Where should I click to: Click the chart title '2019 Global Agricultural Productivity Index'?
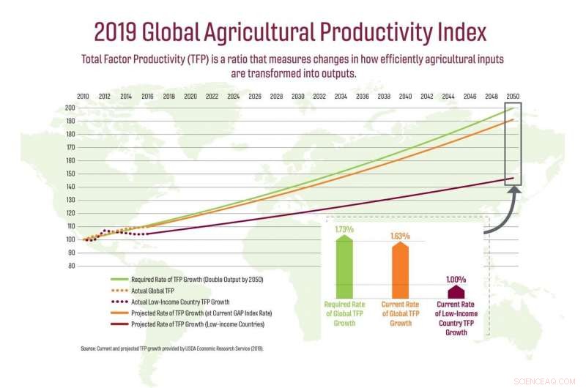click(x=289, y=32)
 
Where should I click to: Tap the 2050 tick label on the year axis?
click(x=513, y=97)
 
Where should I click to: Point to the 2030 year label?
click(x=298, y=97)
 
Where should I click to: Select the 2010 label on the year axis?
click(x=84, y=97)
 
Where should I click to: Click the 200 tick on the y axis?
click(x=70, y=108)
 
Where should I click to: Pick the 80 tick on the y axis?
click(x=71, y=266)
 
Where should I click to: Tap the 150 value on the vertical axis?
click(x=70, y=174)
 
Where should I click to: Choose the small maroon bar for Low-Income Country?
click(x=456, y=291)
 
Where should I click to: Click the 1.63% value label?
click(x=400, y=236)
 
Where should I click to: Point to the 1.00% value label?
click(x=456, y=279)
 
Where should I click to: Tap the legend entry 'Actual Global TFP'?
click(x=157, y=291)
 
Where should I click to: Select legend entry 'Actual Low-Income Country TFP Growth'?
click(x=180, y=302)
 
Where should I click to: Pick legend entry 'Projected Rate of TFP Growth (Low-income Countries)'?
click(x=198, y=324)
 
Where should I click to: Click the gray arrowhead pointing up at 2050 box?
click(x=513, y=192)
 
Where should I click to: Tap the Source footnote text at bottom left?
click(x=171, y=348)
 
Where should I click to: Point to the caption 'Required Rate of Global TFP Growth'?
click(x=344, y=313)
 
